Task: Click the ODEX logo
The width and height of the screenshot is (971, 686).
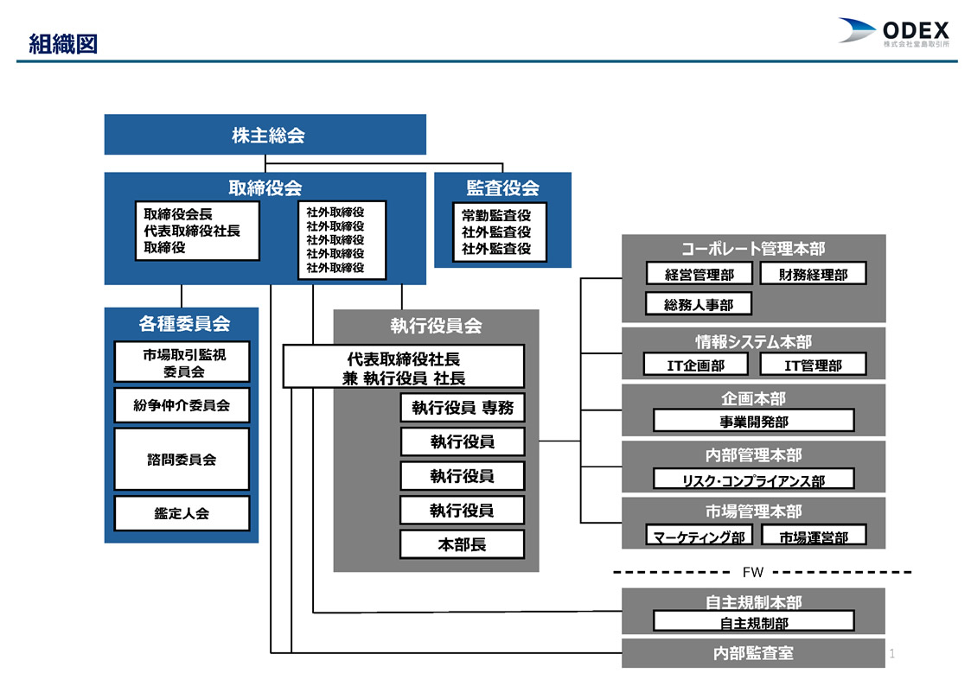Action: click(893, 32)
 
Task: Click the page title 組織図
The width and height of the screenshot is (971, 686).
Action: click(63, 44)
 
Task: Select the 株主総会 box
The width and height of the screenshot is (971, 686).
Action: click(265, 134)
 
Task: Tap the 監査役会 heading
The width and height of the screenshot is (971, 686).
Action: click(502, 187)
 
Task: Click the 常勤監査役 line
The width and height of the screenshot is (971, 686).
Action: click(496, 215)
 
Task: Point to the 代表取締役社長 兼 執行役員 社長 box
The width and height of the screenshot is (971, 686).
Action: click(403, 367)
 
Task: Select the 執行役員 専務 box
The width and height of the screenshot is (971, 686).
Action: click(463, 408)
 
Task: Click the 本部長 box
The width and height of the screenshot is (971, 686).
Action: click(462, 544)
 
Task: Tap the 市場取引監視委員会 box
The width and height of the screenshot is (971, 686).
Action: click(182, 362)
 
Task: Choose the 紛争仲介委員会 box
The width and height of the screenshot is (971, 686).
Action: click(182, 405)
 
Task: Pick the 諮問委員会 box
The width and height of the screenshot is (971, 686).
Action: click(182, 459)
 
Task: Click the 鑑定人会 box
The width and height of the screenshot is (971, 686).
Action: click(182, 513)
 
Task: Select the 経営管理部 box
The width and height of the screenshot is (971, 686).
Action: click(700, 273)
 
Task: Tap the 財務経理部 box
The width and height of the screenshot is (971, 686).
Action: click(813, 273)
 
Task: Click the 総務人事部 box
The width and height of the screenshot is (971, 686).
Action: click(699, 304)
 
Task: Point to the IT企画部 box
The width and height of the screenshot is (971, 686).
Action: click(695, 365)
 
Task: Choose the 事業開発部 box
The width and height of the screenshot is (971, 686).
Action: click(754, 421)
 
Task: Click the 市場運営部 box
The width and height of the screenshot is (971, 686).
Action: click(813, 536)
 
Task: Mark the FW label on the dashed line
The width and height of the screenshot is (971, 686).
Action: click(753, 572)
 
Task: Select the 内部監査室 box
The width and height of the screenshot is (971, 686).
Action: click(753, 653)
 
